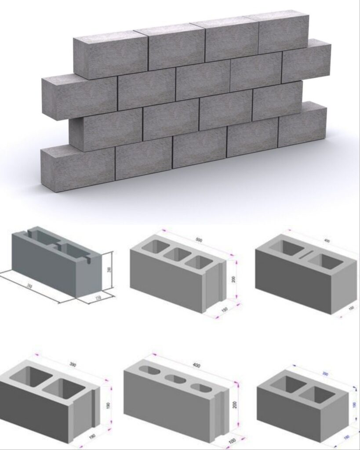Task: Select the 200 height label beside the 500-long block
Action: click(x=234, y=279)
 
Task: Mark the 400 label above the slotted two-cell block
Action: click(x=326, y=240)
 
